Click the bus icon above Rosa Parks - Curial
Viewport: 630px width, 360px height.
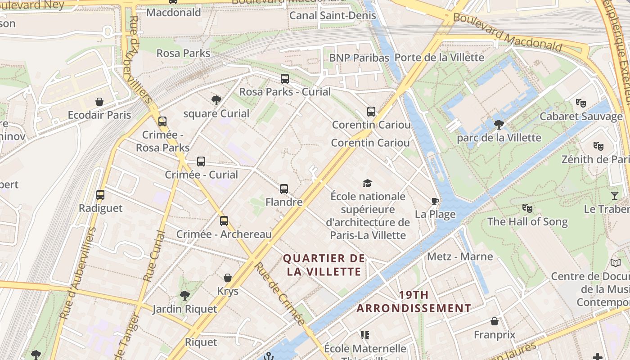coord(285,79)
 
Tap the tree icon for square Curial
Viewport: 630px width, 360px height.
coord(216,100)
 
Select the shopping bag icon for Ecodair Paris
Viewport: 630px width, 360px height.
coord(99,102)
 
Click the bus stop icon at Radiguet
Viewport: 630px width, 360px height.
coord(100,195)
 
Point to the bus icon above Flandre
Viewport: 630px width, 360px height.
coord(284,189)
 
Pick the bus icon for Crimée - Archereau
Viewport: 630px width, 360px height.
coord(224,221)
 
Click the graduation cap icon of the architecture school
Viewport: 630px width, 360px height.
coord(368,183)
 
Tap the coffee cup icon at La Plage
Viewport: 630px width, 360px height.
coord(435,201)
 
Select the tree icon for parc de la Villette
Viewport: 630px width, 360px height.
coord(499,124)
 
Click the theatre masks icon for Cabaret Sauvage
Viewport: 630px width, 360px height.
coord(581,103)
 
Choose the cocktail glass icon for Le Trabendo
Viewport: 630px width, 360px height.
coord(615,196)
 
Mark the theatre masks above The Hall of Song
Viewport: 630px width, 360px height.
coord(527,208)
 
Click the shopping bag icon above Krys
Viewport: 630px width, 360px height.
coord(228,278)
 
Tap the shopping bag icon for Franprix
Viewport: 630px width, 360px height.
coord(495,322)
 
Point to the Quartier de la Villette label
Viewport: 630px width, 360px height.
coord(324,265)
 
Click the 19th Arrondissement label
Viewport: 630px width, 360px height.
coord(414,301)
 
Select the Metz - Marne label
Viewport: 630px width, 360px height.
coord(460,256)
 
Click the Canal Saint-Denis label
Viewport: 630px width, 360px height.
coord(333,15)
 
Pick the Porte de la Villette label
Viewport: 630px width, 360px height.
coord(439,58)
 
